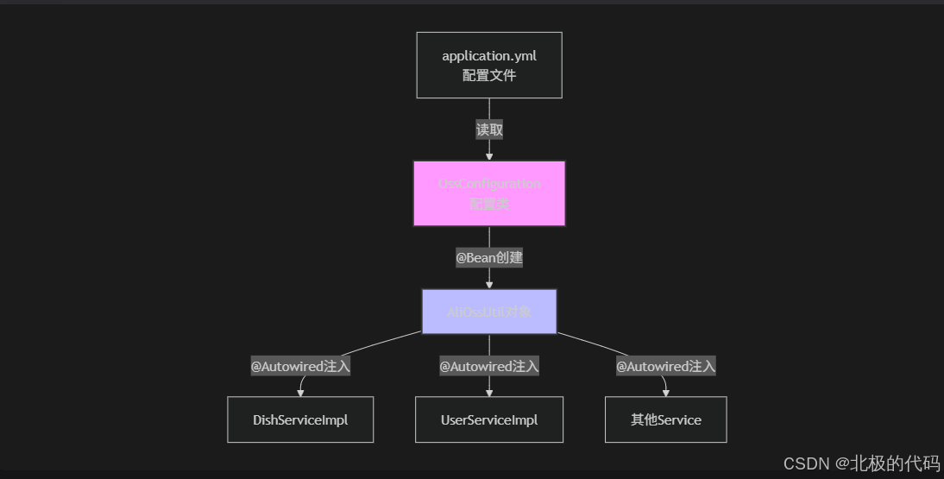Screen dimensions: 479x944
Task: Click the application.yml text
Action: (x=488, y=56)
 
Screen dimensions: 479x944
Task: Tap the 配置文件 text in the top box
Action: (x=488, y=75)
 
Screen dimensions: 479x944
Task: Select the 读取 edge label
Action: (x=489, y=130)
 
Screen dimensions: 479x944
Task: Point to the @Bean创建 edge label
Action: (x=489, y=257)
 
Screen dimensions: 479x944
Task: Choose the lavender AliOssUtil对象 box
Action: (x=488, y=312)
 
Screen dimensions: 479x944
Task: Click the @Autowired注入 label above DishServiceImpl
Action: (x=300, y=367)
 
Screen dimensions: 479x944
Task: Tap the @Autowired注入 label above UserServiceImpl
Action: (x=489, y=367)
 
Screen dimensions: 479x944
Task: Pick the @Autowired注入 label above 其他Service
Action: (x=665, y=367)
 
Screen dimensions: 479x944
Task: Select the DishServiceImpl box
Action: (x=300, y=420)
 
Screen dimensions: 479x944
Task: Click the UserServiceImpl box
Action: (x=489, y=420)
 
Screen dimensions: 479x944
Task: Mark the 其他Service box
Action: (x=665, y=420)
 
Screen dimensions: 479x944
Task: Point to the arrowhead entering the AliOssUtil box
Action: (x=489, y=284)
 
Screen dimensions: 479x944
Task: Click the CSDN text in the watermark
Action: (x=806, y=464)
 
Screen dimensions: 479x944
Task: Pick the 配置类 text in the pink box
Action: (x=488, y=205)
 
